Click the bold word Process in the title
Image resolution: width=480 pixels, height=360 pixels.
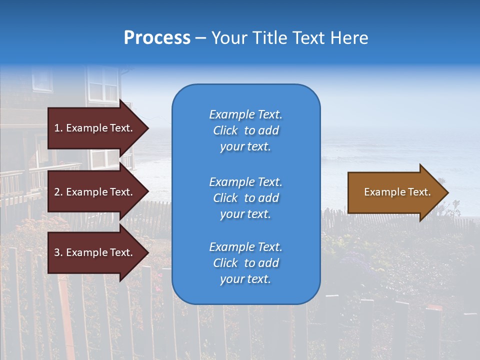(x=157, y=37)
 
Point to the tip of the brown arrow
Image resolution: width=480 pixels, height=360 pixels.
(x=447, y=192)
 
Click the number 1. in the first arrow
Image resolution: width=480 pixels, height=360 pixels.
(x=58, y=128)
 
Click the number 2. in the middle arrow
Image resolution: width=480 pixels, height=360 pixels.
(x=58, y=192)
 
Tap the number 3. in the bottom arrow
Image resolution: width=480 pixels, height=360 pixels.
(x=58, y=252)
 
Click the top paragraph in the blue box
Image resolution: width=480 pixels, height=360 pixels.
(x=245, y=130)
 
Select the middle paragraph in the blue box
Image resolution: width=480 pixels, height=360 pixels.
(x=245, y=197)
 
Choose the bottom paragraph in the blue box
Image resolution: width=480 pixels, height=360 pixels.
(x=245, y=263)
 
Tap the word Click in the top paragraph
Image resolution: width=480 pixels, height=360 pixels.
(x=225, y=130)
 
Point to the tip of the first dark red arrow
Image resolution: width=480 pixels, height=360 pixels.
(x=148, y=128)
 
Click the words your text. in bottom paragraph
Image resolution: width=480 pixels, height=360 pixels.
(x=245, y=279)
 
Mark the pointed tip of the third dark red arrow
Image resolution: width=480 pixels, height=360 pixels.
(x=148, y=252)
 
